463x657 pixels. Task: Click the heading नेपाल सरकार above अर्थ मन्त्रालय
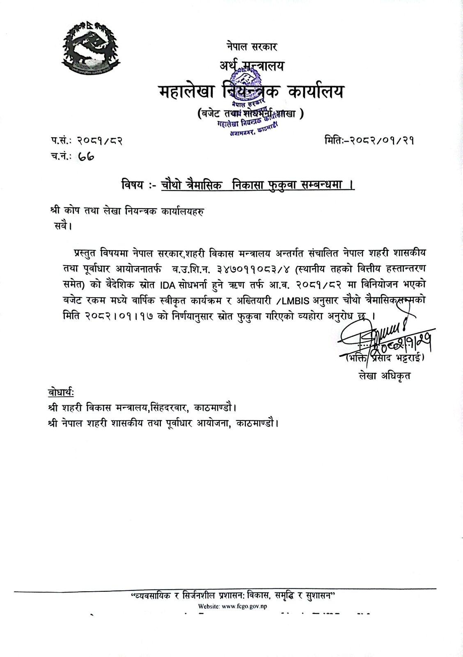coord(252,46)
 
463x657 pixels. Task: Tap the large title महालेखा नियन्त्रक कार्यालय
coord(251,91)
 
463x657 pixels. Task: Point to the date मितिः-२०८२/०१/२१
coord(369,141)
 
